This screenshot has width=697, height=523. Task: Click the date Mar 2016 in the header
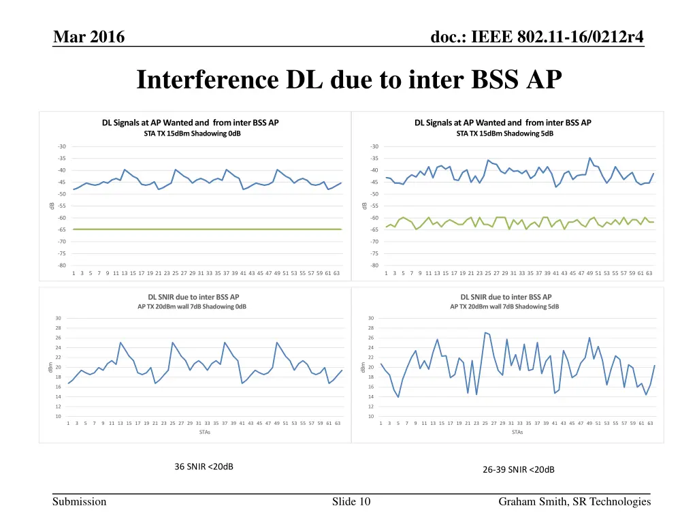coord(88,37)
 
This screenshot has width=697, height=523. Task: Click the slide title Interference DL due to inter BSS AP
coord(349,80)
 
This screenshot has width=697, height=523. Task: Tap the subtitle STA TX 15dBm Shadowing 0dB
coord(193,134)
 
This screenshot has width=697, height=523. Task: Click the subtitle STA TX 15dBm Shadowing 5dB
coord(504,134)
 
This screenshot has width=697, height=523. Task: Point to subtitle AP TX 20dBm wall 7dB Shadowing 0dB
coord(192,307)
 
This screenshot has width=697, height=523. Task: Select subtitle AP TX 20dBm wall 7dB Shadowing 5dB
coord(504,307)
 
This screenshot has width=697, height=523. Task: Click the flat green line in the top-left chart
coord(204,229)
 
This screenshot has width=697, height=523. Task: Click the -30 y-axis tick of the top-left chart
coord(62,146)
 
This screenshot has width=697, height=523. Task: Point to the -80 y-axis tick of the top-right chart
coord(374,266)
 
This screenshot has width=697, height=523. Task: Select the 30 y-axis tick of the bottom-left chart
coord(59,318)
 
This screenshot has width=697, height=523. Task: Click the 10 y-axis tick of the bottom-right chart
coord(371,416)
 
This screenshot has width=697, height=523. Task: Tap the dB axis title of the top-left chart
coord(52,206)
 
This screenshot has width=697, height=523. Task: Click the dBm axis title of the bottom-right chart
coord(364,367)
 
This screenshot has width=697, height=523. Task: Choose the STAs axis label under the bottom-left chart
coord(204,432)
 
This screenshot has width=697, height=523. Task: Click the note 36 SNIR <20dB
coord(204,466)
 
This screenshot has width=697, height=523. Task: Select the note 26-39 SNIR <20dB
coord(519,469)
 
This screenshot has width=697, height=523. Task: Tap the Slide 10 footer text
coord(351,503)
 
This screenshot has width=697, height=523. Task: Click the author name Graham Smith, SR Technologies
coord(574,503)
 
